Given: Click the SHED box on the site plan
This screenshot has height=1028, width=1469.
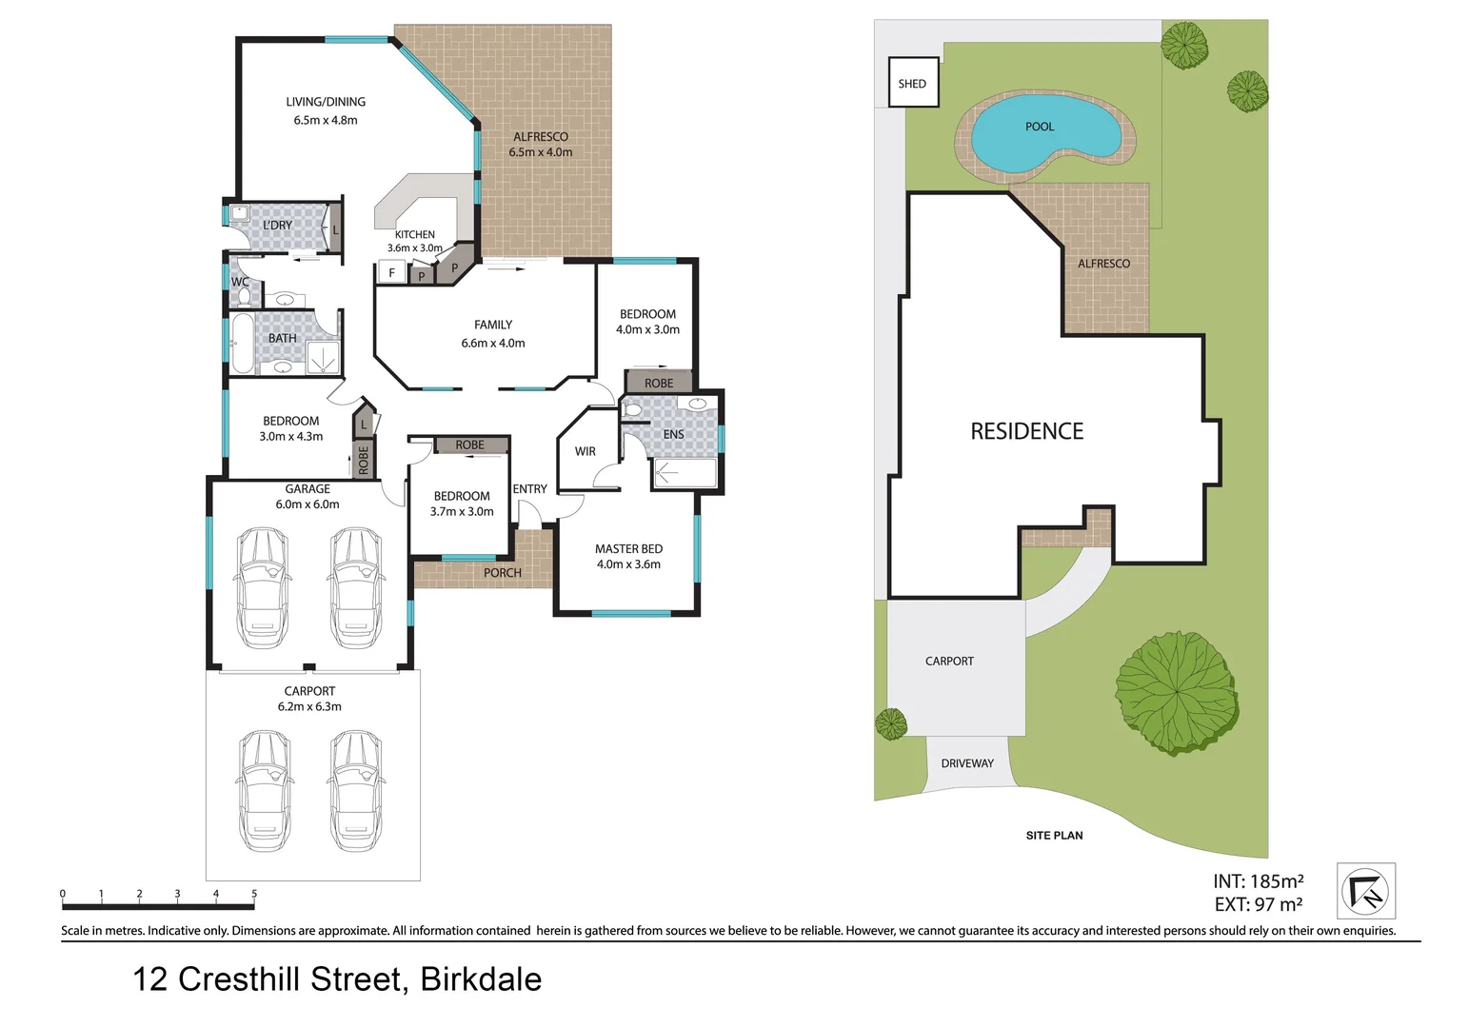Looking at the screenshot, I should [x=912, y=83].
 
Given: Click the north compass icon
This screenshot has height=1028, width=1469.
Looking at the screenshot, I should [x=1365, y=891].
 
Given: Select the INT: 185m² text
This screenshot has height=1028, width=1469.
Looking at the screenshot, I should [x=1258, y=881].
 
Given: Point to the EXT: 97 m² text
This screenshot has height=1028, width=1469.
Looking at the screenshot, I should [x=1258, y=905].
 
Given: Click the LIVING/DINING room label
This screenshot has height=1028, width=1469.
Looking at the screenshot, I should [x=326, y=102].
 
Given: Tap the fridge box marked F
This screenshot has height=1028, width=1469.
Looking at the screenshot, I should [x=391, y=273].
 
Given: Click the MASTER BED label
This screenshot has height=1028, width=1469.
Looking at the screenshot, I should [x=628, y=549].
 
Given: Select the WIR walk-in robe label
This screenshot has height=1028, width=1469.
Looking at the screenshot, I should [x=585, y=451].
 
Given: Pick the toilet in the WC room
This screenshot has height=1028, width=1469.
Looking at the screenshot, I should [x=243, y=296].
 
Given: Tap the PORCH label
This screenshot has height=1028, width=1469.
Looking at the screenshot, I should [x=502, y=573].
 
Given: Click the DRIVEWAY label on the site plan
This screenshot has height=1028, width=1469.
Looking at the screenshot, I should [x=966, y=763].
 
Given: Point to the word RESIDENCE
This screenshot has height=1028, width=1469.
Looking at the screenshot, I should [x=1026, y=432].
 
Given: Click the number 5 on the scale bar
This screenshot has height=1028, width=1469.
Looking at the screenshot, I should [x=254, y=894].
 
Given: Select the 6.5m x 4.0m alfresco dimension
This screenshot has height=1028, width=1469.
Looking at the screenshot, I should [x=541, y=152].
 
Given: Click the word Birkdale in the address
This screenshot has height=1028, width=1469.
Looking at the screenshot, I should [x=481, y=979].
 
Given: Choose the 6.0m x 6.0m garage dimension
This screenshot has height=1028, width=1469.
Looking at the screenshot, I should [x=308, y=504].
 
